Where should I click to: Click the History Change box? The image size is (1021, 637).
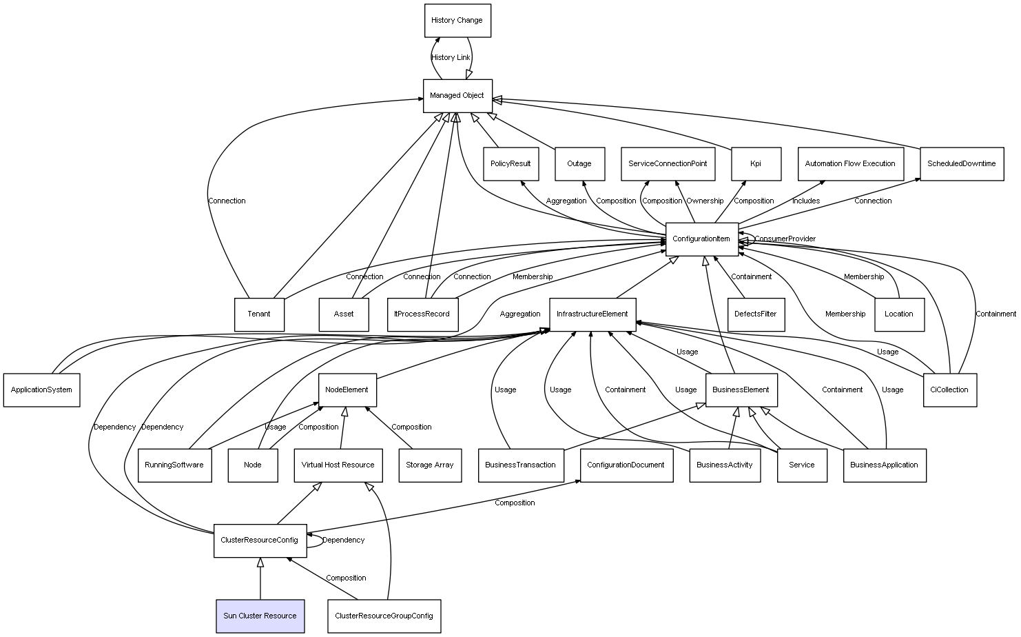[457, 21]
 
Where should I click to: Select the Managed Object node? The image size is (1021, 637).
[457, 96]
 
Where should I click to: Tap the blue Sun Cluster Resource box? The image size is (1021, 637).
[260, 616]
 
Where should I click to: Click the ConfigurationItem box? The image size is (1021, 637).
[701, 239]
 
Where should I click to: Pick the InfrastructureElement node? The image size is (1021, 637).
[592, 314]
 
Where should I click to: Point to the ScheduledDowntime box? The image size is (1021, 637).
[961, 164]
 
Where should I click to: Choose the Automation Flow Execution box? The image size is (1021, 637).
[850, 164]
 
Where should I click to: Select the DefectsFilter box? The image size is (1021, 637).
[755, 314]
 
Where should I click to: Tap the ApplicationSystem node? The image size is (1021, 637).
[41, 390]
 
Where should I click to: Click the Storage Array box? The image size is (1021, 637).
[429, 465]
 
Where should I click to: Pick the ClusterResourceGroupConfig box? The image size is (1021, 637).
[384, 616]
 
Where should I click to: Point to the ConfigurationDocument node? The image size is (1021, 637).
[626, 465]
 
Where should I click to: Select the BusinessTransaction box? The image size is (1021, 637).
[520, 465]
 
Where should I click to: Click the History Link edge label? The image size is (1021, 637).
[451, 58]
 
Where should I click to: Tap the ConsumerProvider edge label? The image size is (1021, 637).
[785, 239]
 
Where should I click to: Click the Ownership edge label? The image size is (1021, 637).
[705, 201]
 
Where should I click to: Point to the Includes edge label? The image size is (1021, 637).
[805, 201]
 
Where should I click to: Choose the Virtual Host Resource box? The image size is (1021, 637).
[338, 465]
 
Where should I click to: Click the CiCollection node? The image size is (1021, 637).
[949, 390]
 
